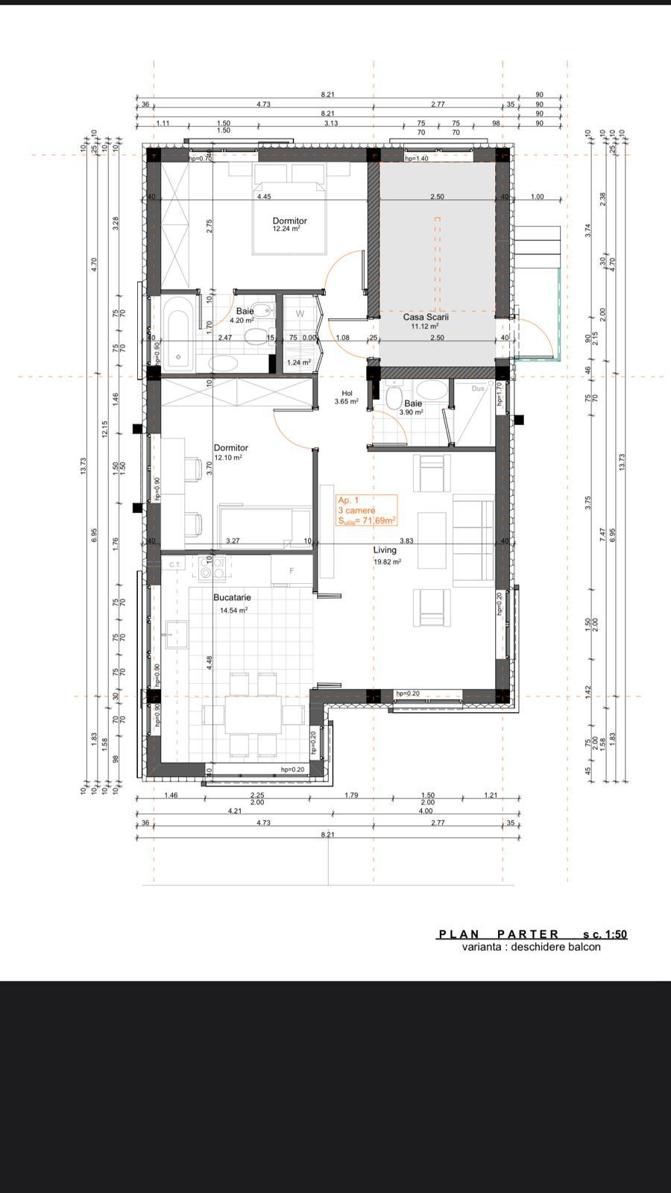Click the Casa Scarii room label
(426, 317)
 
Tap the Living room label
(385, 550)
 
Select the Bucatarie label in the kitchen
(232, 597)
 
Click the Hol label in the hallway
(347, 393)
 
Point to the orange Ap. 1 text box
(366, 511)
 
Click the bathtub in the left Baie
(179, 333)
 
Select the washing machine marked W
(300, 314)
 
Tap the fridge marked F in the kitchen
(292, 571)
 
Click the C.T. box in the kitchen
(175, 564)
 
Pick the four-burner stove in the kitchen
(210, 568)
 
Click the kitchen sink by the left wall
(175, 634)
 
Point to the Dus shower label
(478, 388)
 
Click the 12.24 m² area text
(286, 230)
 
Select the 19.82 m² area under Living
(388, 562)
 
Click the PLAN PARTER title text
(499, 934)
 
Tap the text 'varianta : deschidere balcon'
(531, 947)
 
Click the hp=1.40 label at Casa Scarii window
(416, 159)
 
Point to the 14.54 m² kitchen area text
(233, 610)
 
